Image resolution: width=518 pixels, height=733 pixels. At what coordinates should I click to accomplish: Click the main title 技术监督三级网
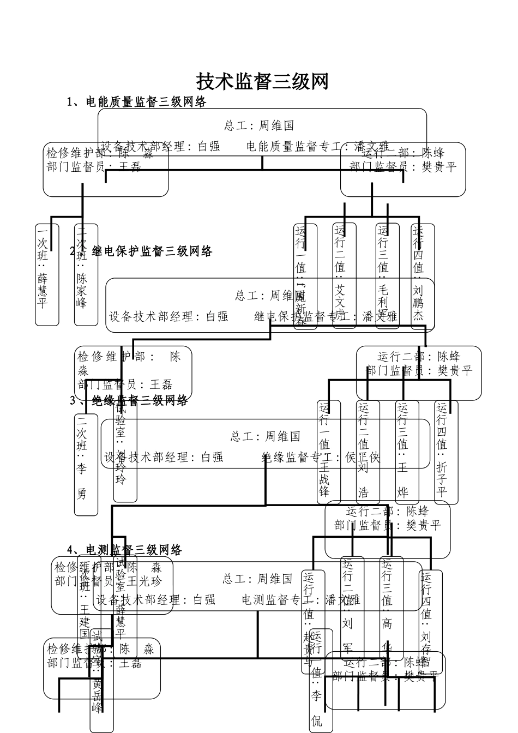(x=262, y=82)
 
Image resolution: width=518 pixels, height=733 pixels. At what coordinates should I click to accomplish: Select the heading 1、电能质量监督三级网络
(x=136, y=102)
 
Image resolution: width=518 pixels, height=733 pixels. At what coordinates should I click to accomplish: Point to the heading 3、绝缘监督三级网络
(x=129, y=401)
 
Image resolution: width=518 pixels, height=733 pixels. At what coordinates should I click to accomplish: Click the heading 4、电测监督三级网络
(x=125, y=550)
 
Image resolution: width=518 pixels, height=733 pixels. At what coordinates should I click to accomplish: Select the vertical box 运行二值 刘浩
(x=364, y=452)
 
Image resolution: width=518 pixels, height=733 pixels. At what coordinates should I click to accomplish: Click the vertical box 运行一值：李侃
(x=317, y=682)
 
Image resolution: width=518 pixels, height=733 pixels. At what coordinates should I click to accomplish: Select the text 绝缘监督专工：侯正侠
(x=321, y=458)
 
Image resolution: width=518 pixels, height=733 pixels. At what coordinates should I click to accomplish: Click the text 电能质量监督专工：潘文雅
(x=318, y=146)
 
